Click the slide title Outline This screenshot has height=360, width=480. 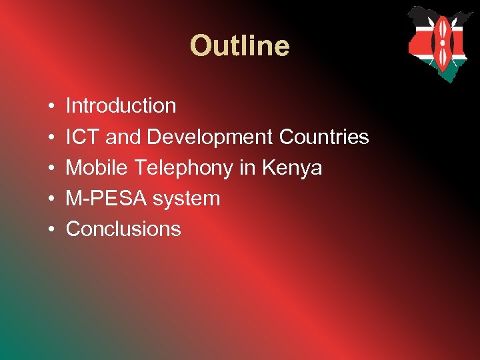pos(239,47)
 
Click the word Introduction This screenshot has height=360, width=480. pos(121,106)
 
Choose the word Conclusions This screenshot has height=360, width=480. pos(123,229)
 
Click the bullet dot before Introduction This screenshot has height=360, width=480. pos(51,107)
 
